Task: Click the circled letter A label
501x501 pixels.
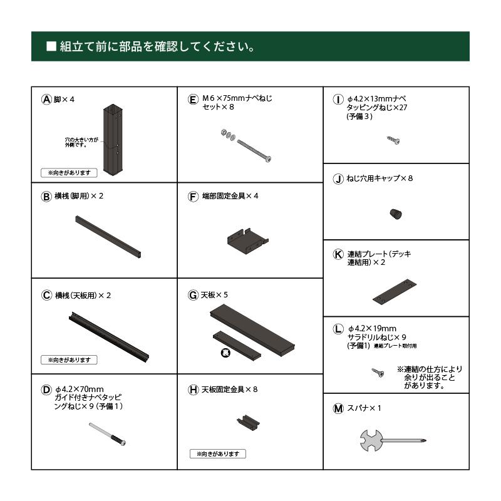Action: coord(46,99)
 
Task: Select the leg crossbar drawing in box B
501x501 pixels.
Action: coord(108,236)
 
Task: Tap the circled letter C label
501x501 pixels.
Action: coord(46,295)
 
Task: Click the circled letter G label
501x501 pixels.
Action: coord(193,295)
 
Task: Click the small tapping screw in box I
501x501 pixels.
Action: coord(393,140)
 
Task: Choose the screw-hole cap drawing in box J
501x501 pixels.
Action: coord(396,214)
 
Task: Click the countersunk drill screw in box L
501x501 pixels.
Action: coord(378,373)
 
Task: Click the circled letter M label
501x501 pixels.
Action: coord(338,408)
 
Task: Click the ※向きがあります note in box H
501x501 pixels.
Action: coord(217,453)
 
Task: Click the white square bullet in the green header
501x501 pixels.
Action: coord(52,47)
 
